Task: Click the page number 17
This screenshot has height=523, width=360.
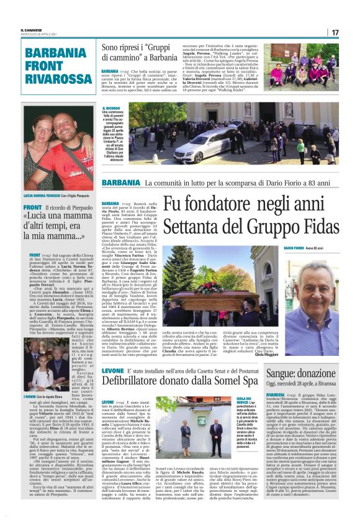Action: pyautogui.click(x=352, y=32)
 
